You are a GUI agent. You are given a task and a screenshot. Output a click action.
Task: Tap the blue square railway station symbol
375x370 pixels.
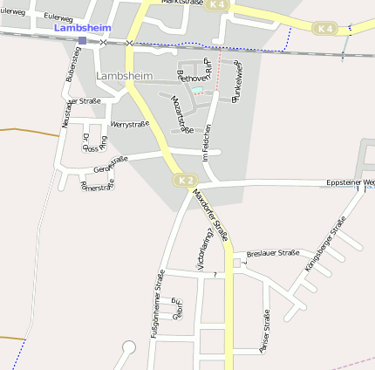coord(82,40)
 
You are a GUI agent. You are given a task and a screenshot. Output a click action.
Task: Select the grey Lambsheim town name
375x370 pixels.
coord(124,76)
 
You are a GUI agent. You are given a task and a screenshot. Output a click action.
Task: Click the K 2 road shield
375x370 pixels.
coord(184,180)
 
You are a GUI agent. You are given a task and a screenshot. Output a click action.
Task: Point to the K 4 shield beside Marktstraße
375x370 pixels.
coord(218,5)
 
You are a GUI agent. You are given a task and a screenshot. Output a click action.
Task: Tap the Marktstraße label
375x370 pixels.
coord(180,3)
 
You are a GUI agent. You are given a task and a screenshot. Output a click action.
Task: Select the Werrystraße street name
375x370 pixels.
coord(130,125)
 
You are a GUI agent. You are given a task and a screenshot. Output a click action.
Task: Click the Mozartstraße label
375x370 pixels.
coord(181,115)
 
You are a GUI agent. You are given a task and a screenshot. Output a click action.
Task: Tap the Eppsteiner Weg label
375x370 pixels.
coord(350,182)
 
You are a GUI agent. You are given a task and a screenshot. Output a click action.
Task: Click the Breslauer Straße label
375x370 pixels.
coord(273,253)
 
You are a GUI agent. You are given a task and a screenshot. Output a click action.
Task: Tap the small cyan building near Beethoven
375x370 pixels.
coord(197,89)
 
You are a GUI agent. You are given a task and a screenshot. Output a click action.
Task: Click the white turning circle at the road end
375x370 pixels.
coord(129,347)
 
